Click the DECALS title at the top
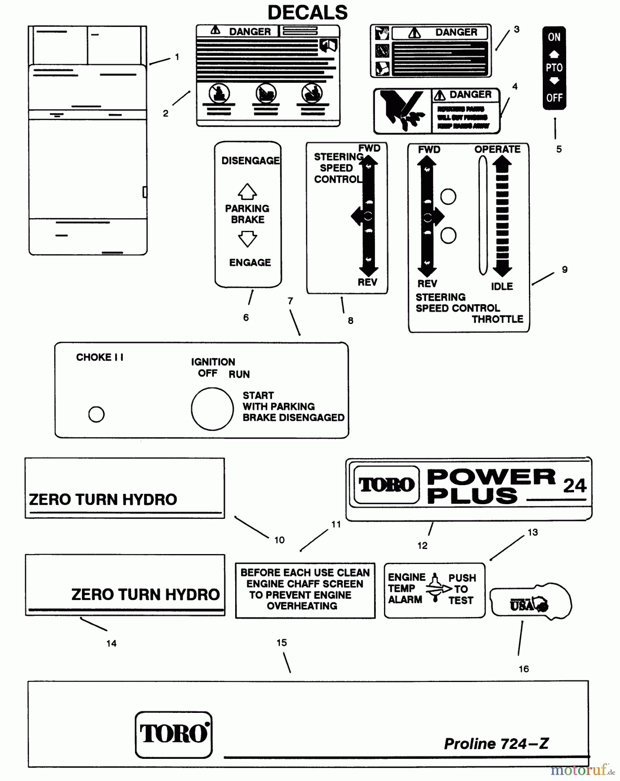click(307, 13)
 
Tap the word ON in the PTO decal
click(554, 37)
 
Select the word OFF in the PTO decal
click(554, 98)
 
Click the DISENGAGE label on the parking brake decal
click(250, 161)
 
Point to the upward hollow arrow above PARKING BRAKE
click(247, 191)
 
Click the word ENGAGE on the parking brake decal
click(250, 263)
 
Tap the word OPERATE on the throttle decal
click(497, 149)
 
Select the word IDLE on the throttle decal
click(502, 286)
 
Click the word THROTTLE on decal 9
click(498, 319)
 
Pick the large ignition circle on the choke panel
click(212, 409)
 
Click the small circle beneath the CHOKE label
click(96, 414)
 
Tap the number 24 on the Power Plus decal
click(574, 486)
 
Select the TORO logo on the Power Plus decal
click(386, 485)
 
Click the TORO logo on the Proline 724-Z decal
click(174, 734)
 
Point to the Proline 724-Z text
click(496, 744)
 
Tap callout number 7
click(290, 301)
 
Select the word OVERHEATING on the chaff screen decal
click(302, 606)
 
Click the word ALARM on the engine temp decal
click(405, 600)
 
